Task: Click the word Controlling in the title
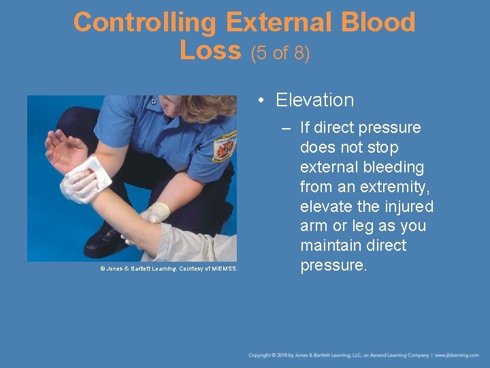[144, 22]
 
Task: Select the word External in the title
[277, 22]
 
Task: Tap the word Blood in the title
[378, 22]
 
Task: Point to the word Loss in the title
[210, 50]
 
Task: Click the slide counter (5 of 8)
[281, 53]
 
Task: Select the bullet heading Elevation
[314, 100]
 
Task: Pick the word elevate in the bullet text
[328, 206]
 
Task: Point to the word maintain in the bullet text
[335, 245]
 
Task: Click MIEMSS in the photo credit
[223, 269]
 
